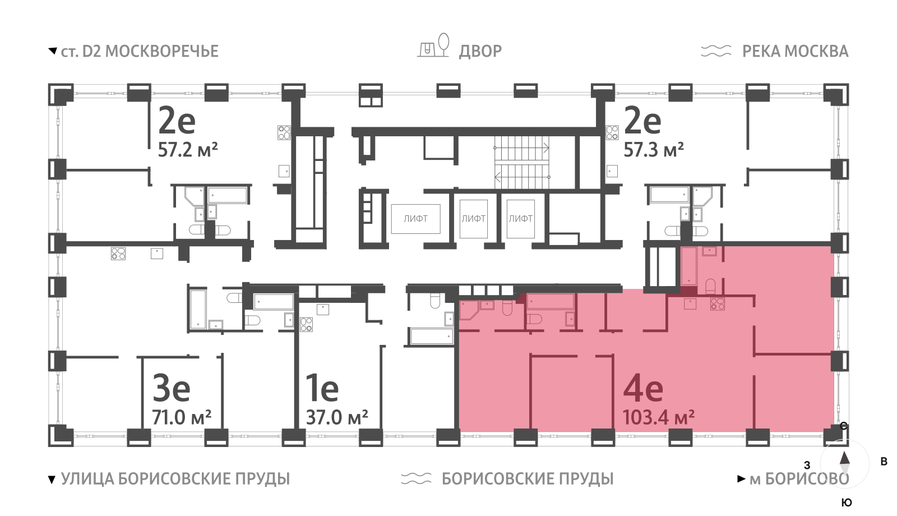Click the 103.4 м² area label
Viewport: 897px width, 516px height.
point(658,418)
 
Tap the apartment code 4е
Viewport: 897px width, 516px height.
point(643,388)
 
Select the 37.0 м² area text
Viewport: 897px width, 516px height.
point(336,418)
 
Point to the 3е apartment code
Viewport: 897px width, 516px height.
point(172,388)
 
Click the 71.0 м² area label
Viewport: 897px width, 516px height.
point(182,418)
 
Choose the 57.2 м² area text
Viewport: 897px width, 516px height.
point(188,150)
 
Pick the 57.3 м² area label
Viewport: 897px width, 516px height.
point(654,150)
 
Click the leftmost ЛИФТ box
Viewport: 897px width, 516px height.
point(415,219)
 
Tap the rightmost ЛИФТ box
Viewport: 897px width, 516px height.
point(520,219)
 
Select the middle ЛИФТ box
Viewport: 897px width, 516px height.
point(473,219)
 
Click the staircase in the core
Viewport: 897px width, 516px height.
point(521,163)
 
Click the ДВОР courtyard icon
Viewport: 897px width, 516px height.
point(434,46)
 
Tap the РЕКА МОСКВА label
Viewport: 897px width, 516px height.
point(795,52)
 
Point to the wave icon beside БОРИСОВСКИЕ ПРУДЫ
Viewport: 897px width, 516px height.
point(416,478)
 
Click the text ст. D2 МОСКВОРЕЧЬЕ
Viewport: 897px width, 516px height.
point(139,52)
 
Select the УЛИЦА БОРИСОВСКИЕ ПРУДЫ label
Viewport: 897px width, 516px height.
point(175,479)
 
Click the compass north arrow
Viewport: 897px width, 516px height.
point(845,459)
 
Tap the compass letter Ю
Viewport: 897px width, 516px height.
point(847,503)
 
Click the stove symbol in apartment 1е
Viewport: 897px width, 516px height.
point(306,325)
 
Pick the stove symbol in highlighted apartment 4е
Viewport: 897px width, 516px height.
point(718,304)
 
